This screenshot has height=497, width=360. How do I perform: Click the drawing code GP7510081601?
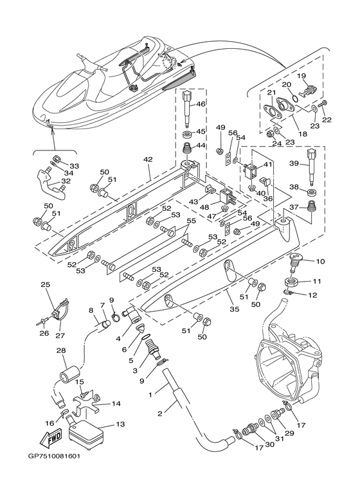(x=54, y=456)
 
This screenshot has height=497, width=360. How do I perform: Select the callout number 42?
(x=148, y=159)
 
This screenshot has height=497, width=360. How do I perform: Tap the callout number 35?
(x=234, y=309)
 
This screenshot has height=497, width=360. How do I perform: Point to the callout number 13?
(x=120, y=424)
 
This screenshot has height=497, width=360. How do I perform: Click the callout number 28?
(x=61, y=350)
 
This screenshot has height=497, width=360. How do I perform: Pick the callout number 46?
(x=201, y=104)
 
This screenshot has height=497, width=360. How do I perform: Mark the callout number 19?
(x=301, y=76)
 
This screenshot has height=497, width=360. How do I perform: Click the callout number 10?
(x=320, y=262)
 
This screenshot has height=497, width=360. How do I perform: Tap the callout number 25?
(x=46, y=284)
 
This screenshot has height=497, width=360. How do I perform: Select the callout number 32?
(x=66, y=181)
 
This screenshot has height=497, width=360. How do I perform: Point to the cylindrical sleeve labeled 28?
(x=69, y=374)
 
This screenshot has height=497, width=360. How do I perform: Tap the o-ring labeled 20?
(x=294, y=98)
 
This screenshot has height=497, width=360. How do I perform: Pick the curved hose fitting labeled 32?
(x=51, y=184)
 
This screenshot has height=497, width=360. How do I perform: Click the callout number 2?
(x=159, y=413)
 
